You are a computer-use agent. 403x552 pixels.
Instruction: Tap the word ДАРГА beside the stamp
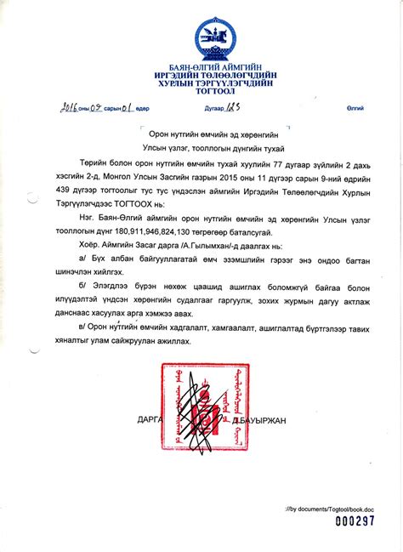tap(150, 420)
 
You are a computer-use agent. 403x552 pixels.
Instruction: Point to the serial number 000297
tap(354, 521)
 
